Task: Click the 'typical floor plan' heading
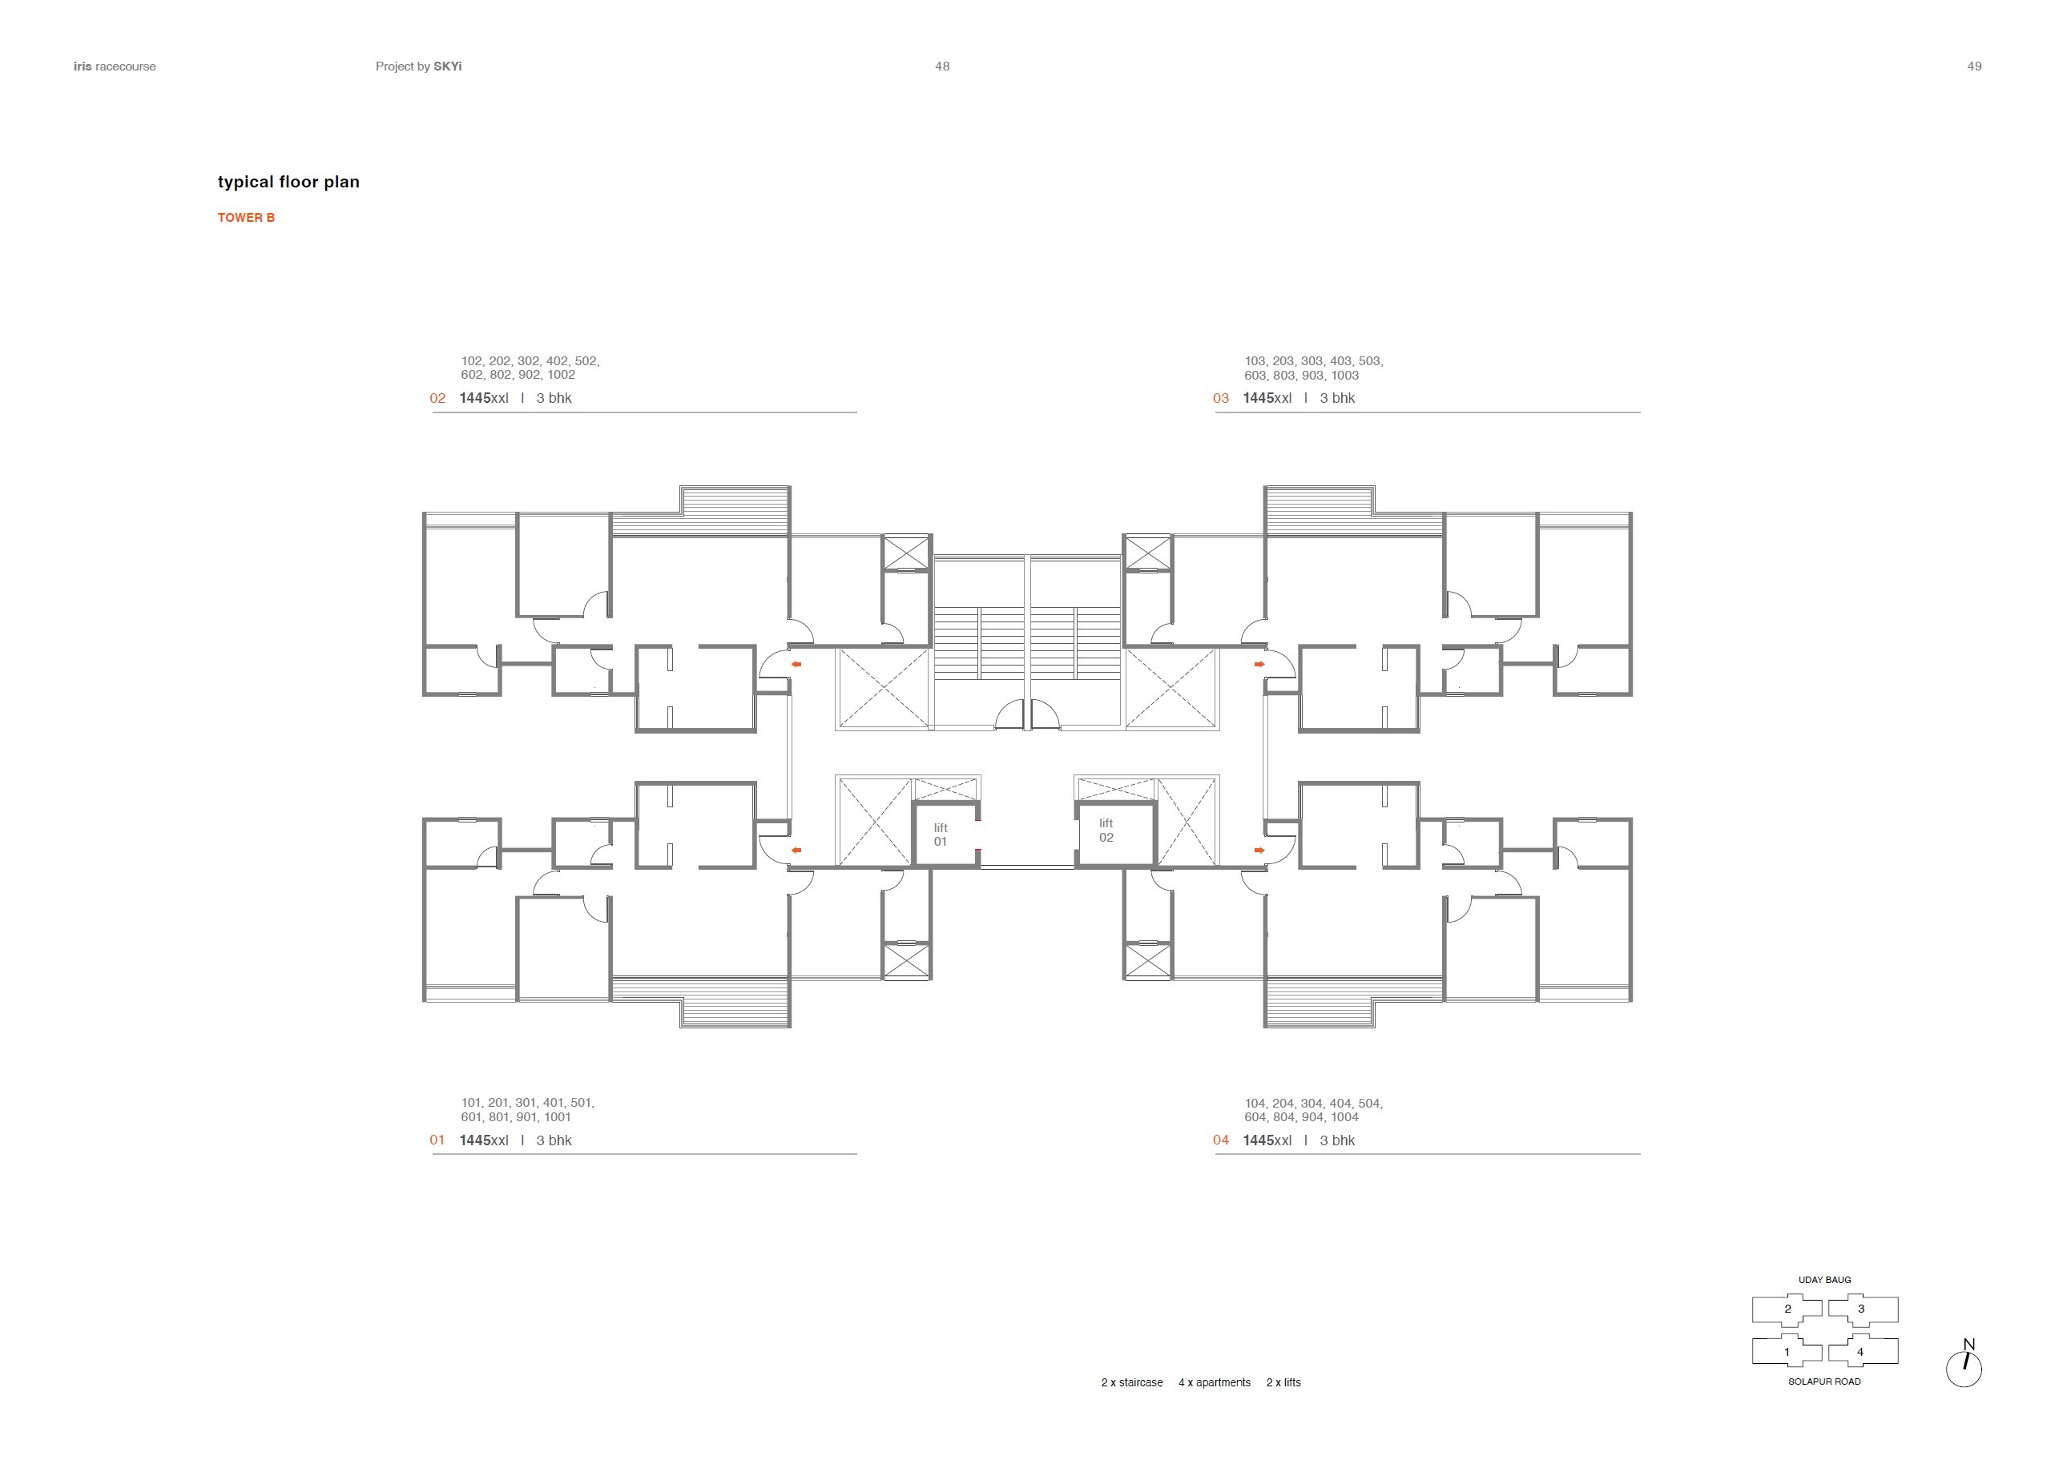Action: [x=288, y=183]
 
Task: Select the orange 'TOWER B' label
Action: [x=247, y=218]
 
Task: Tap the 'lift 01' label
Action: [x=941, y=835]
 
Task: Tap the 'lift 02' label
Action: [x=1106, y=830]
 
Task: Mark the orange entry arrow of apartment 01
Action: [x=796, y=850]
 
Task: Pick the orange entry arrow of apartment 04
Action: [x=1259, y=850]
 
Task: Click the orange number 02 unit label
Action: [x=438, y=398]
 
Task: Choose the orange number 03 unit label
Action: [x=1221, y=398]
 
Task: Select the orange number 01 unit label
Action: [x=438, y=1140]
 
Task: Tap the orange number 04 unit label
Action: [x=1221, y=1140]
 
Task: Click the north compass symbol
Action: [x=1964, y=1364]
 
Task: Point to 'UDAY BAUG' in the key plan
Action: [x=1825, y=1279]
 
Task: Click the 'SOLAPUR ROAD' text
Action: [x=1825, y=1381]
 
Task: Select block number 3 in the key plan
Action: [x=1862, y=1309]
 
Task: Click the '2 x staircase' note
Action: [x=1132, y=1382]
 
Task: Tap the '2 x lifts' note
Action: [x=1283, y=1382]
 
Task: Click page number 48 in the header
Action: [x=942, y=66]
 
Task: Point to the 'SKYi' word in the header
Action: [x=448, y=66]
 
